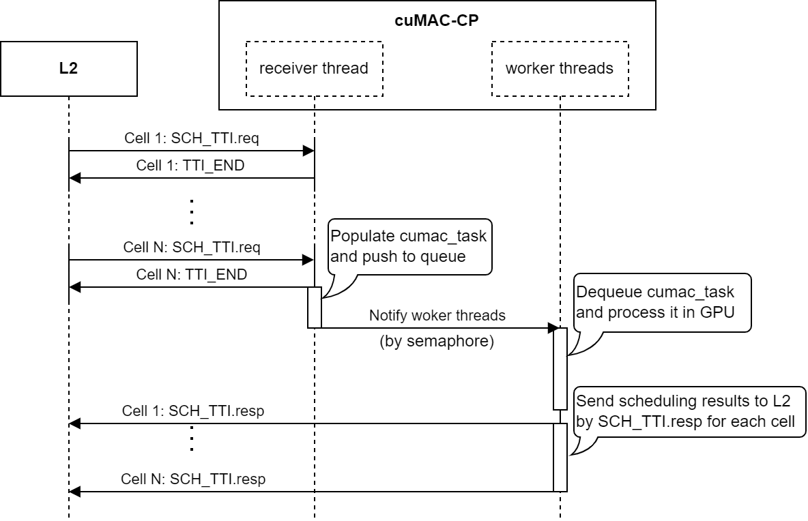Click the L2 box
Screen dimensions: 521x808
(x=68, y=68)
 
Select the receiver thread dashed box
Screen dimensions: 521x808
(x=314, y=68)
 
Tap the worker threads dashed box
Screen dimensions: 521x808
(x=559, y=68)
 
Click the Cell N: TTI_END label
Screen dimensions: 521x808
(x=191, y=275)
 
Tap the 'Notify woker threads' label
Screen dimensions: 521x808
(x=437, y=316)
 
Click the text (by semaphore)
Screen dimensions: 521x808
(x=437, y=342)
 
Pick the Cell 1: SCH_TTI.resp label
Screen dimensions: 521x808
(x=193, y=411)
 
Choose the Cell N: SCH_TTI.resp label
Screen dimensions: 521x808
(x=193, y=479)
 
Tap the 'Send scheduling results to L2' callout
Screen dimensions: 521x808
(x=689, y=411)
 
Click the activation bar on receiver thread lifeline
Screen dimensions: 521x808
(x=314, y=307)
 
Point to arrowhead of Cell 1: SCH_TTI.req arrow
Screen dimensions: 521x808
(x=308, y=151)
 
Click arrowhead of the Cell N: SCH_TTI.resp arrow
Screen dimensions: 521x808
(x=75, y=491)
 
